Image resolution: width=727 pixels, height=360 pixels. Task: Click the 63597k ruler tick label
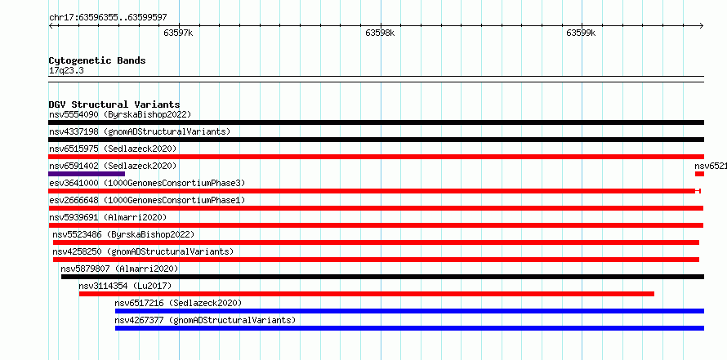click(178, 33)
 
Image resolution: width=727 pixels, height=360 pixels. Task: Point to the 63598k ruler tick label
click(380, 33)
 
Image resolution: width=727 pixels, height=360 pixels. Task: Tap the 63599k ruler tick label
click(581, 33)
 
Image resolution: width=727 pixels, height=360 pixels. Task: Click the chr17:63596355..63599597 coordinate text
click(108, 18)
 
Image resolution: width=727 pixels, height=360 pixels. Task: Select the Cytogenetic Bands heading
click(97, 60)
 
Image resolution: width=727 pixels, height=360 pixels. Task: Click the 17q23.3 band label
click(66, 71)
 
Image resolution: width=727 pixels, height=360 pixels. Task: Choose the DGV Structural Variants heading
click(114, 104)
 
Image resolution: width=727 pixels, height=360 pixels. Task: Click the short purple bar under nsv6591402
click(87, 174)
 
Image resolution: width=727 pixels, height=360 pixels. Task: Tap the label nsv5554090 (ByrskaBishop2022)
click(120, 114)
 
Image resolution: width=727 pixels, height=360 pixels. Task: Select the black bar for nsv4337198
click(376, 140)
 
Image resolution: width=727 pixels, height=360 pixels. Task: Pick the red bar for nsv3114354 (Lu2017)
click(366, 294)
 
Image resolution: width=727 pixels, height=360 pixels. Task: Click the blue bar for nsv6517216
click(409, 311)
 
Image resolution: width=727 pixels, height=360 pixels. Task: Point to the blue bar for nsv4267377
click(409, 328)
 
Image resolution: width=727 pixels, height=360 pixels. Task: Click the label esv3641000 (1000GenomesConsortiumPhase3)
click(147, 183)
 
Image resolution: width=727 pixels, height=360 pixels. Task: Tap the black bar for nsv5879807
click(382, 277)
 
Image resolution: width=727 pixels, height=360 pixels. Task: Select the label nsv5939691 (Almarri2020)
click(108, 217)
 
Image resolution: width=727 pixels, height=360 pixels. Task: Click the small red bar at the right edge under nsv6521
click(699, 174)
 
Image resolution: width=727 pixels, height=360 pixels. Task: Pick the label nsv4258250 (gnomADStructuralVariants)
click(143, 251)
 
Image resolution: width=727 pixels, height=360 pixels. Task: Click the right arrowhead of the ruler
click(702, 25)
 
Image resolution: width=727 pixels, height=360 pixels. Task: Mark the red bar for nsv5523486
click(376, 242)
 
